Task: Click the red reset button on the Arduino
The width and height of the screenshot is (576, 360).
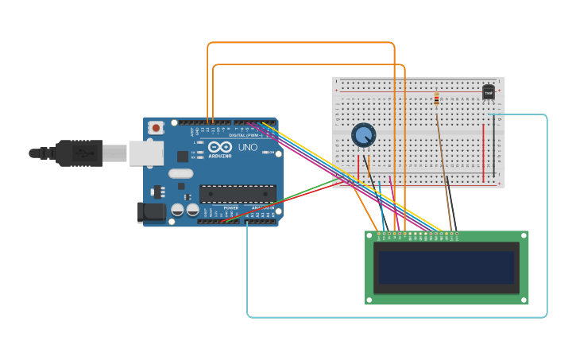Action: coord(157,127)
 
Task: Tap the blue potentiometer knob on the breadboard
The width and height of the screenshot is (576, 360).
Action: coord(364,135)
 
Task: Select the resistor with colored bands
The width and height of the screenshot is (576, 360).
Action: coord(436,99)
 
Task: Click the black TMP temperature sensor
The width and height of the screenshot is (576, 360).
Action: coord(489,92)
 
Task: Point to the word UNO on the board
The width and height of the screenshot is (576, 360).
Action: coord(247,147)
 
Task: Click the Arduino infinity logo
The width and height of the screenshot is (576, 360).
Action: coord(219,147)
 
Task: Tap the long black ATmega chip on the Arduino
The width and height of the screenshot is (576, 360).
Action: coord(238,193)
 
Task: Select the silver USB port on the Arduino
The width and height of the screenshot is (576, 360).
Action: coord(146,153)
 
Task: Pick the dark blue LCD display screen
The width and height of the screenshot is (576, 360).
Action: coord(446,268)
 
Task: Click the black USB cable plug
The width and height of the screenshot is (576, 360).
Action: coord(79,153)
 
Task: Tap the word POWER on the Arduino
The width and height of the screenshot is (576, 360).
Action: coord(230,208)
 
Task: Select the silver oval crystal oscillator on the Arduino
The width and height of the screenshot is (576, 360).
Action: coord(180,173)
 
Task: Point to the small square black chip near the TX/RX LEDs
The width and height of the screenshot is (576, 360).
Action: coord(183,156)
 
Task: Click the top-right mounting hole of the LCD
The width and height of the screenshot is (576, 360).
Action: coord(524,235)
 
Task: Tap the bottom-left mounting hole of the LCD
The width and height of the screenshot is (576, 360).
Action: coord(369,300)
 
